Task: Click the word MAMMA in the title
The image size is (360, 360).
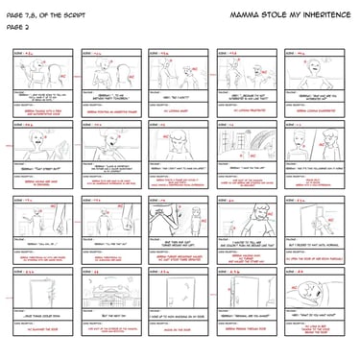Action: (244, 17)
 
